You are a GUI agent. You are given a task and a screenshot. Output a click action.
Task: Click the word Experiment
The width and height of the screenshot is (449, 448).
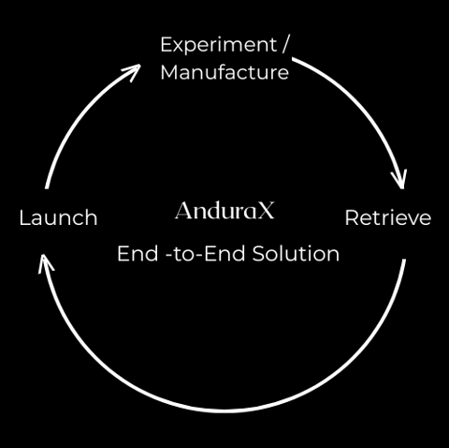pos(219,46)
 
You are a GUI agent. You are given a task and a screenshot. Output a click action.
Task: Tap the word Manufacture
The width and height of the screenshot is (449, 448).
pos(224,72)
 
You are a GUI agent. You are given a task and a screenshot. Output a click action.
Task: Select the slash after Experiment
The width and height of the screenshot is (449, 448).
pos(285,45)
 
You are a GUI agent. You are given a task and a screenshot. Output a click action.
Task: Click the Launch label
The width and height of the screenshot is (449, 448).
pos(58,217)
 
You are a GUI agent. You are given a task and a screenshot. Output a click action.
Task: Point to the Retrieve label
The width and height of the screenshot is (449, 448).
pos(388,217)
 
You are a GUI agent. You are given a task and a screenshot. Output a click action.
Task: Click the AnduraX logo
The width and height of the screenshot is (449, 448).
pos(224,210)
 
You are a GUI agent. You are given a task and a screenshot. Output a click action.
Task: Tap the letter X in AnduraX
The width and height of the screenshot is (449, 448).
pos(266,210)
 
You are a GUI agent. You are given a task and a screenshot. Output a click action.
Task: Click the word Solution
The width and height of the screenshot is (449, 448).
pos(296,253)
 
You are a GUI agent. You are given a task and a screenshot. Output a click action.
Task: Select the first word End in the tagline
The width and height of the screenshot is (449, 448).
pos(138,253)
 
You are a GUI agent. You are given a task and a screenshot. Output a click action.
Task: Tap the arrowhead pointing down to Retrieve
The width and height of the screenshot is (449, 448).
pos(399,179)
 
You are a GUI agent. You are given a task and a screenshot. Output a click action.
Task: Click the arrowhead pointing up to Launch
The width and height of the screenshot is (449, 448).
pos(45,264)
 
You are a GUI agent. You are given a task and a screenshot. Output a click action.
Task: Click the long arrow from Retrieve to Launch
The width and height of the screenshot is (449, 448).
pos(224,411)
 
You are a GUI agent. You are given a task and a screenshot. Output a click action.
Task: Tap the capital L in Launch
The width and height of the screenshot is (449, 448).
pos(24,217)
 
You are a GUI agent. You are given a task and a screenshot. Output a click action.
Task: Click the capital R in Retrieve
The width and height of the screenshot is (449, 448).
pos(352,217)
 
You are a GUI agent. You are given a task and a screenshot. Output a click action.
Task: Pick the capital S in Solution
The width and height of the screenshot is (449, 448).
pos(258,253)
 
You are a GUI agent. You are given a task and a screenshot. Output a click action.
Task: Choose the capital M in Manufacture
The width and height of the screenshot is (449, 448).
pos(169,72)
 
